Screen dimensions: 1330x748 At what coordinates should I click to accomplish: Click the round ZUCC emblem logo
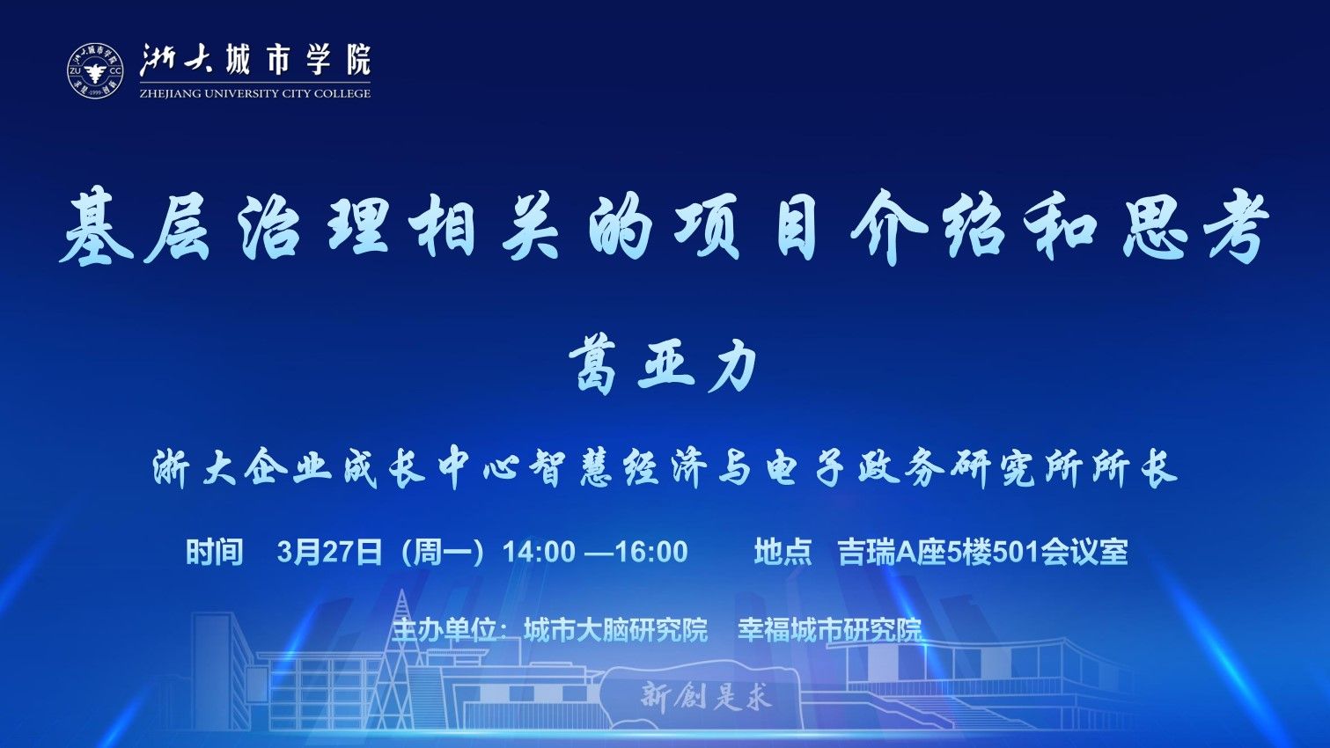tap(95, 71)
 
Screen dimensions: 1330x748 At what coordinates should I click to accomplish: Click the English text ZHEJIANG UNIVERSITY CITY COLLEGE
tap(255, 93)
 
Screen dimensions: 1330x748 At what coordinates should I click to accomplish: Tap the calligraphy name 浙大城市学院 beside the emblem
tap(255, 61)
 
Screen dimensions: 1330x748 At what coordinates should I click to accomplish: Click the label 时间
tap(215, 552)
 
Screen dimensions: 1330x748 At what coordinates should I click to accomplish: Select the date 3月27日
tap(329, 552)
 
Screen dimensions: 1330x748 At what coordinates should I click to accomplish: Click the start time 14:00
tap(539, 552)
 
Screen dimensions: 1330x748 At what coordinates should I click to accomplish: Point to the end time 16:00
tap(652, 552)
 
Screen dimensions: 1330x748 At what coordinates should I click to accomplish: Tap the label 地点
tap(783, 552)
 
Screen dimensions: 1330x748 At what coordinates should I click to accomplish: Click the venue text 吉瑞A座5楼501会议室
tap(982, 552)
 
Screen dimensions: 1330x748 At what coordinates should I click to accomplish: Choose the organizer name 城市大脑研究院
tap(616, 630)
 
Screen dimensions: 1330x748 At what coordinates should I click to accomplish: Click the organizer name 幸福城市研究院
tap(830, 630)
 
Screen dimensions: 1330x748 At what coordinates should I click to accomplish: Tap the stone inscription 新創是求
tap(706, 696)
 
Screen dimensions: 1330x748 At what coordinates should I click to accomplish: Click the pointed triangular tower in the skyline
tap(404, 659)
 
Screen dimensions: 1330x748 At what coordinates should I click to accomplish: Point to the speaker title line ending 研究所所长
tap(665, 469)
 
